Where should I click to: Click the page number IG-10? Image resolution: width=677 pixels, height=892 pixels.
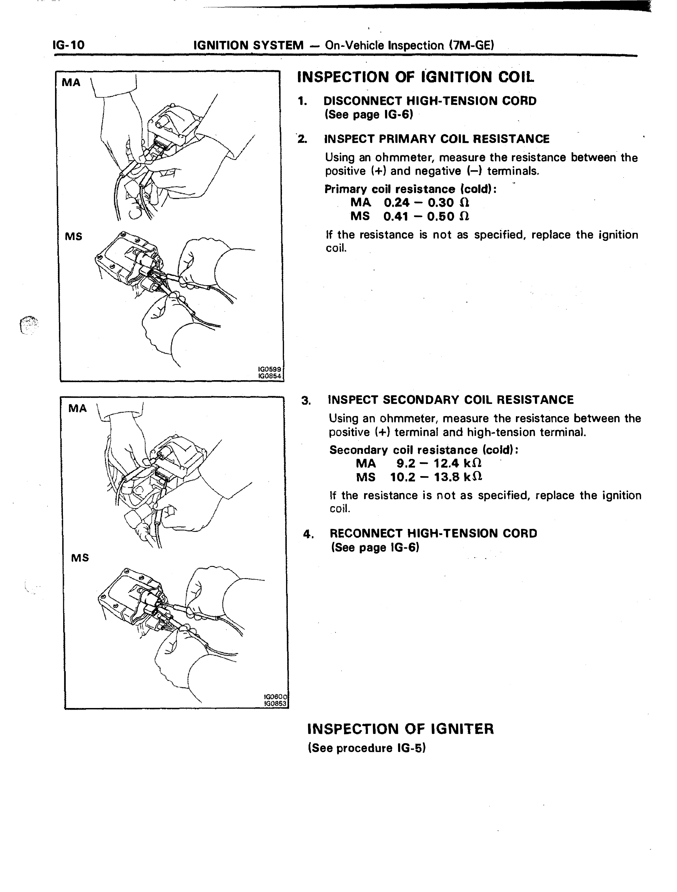click(69, 44)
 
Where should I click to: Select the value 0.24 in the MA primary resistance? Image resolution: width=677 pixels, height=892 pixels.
click(397, 202)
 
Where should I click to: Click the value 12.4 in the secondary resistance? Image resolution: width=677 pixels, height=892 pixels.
click(446, 463)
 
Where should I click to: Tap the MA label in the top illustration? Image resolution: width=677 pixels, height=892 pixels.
click(71, 83)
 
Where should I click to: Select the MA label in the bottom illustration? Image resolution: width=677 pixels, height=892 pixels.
click(78, 409)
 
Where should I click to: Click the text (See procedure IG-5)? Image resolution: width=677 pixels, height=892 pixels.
click(367, 748)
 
